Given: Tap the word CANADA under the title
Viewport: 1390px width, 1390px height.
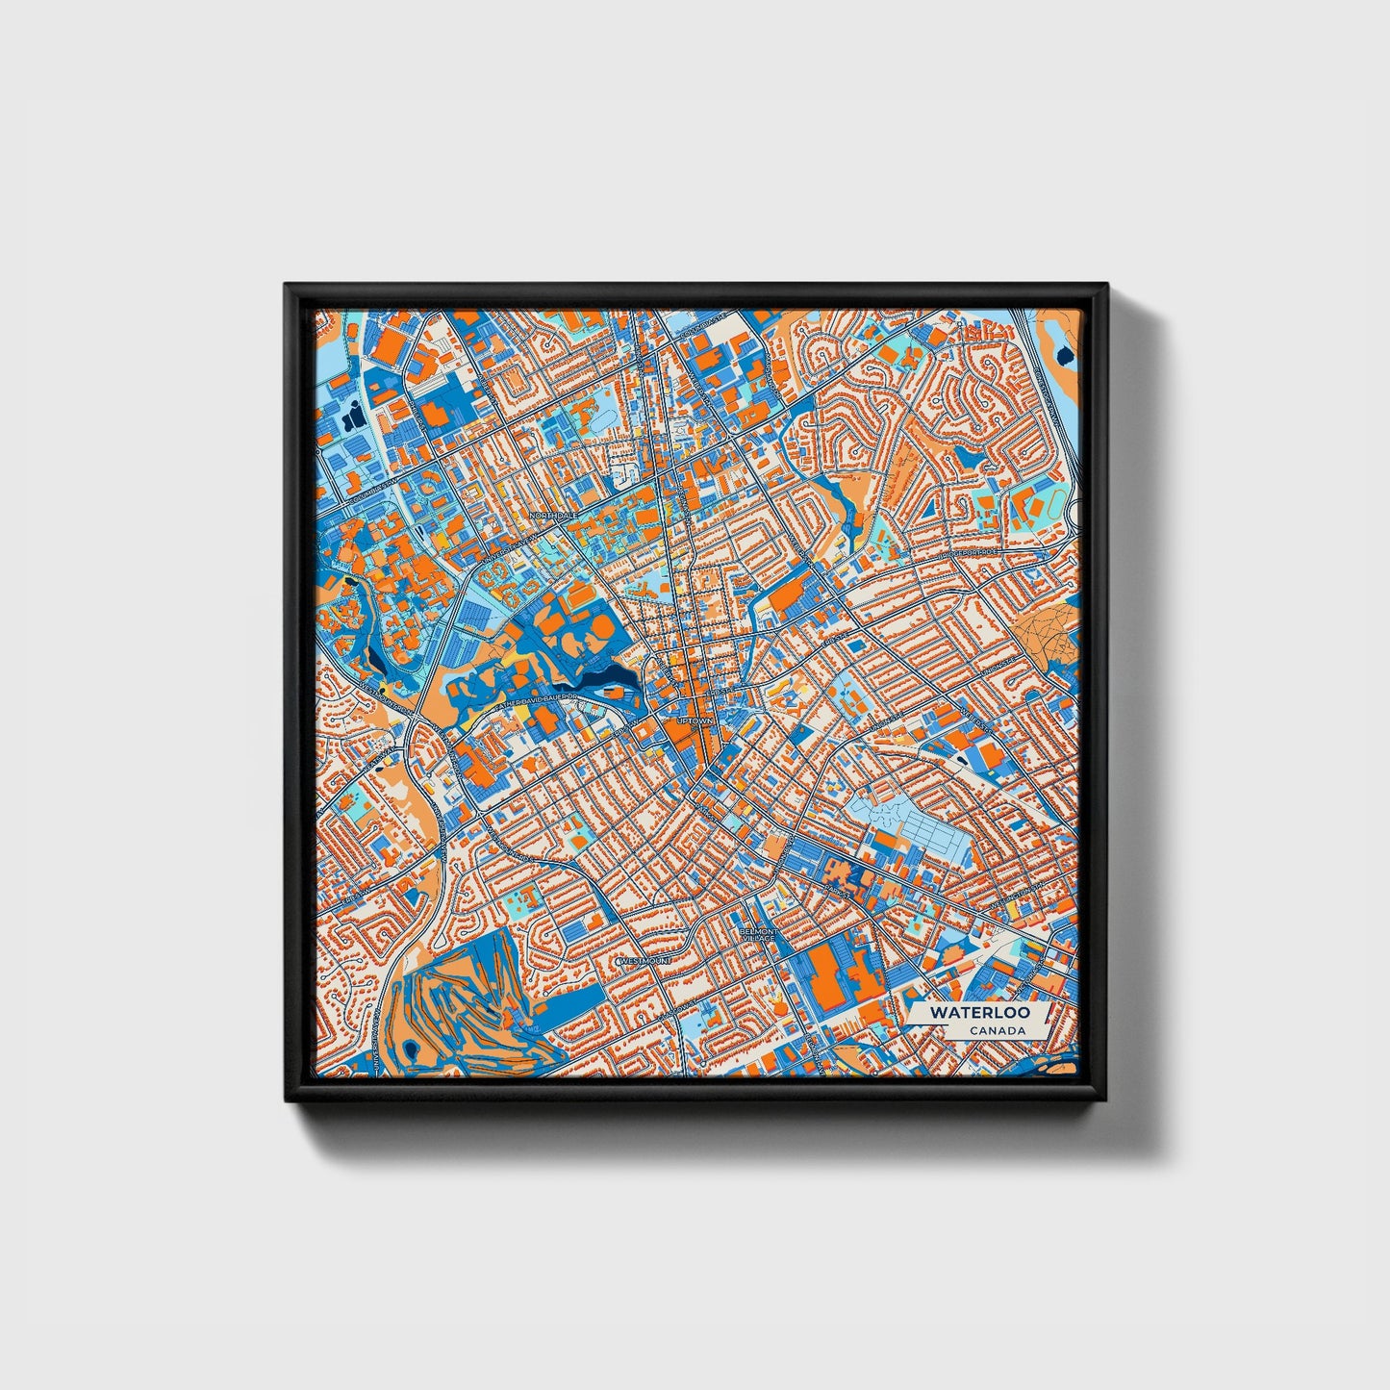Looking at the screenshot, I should [x=997, y=1030].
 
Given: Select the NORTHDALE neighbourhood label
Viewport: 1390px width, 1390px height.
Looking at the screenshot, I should [x=554, y=516].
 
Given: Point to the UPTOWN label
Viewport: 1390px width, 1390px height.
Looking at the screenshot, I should [x=695, y=720].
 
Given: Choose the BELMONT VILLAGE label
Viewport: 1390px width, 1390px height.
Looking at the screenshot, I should [x=758, y=935].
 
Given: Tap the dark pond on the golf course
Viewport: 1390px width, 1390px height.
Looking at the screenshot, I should [x=413, y=1049].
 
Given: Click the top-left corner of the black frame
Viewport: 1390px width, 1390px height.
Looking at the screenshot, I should [x=288, y=287].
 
